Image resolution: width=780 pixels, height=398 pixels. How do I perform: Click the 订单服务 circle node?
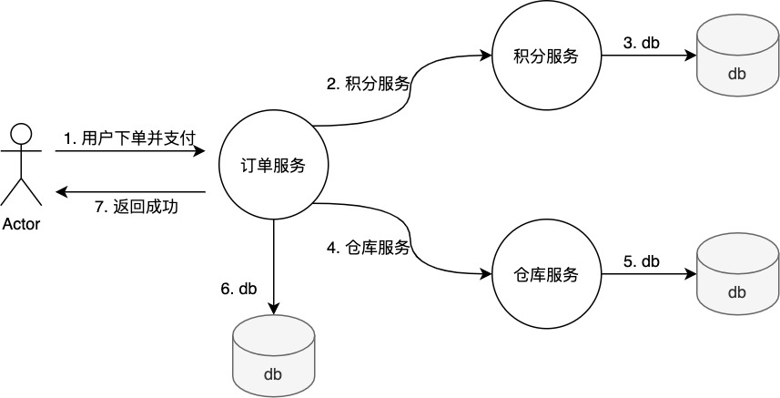274,166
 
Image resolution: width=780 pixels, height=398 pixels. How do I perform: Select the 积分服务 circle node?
547,56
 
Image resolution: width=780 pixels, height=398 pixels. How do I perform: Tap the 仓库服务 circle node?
547,274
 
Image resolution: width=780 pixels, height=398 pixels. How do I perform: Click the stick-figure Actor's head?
21,136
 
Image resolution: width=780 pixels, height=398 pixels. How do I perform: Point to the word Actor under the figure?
21,224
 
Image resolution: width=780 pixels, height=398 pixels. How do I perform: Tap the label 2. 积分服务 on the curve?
368,84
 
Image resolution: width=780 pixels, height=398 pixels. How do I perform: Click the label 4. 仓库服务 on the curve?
368,247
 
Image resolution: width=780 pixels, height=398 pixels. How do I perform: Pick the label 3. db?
642,42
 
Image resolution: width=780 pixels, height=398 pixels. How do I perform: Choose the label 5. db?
642,261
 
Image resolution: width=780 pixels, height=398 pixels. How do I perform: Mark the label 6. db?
238,289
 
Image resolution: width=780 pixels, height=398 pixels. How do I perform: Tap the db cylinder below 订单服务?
274,361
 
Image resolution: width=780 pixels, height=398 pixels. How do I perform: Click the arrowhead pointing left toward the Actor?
61,192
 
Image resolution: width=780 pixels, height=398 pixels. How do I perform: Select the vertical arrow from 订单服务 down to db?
274,264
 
